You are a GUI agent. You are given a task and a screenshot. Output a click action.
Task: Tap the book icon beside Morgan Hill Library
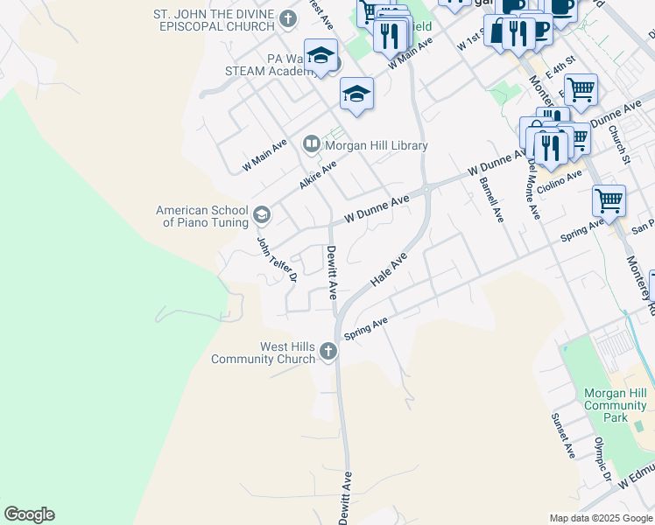point(311,143)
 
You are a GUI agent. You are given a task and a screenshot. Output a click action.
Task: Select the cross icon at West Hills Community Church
point(328,352)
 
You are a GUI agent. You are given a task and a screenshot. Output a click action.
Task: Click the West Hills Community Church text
point(263,353)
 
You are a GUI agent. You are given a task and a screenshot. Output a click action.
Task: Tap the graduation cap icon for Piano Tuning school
point(261,215)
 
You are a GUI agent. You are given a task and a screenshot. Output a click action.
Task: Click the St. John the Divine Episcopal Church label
point(214,20)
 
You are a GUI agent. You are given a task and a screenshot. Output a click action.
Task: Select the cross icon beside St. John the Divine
point(288,17)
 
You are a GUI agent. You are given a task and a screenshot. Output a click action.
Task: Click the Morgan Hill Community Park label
point(615,405)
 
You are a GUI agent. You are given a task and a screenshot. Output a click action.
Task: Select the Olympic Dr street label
point(604,459)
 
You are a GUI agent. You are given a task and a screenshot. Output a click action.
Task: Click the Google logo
point(29,514)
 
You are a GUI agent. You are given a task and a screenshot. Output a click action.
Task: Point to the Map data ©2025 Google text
point(600,518)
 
